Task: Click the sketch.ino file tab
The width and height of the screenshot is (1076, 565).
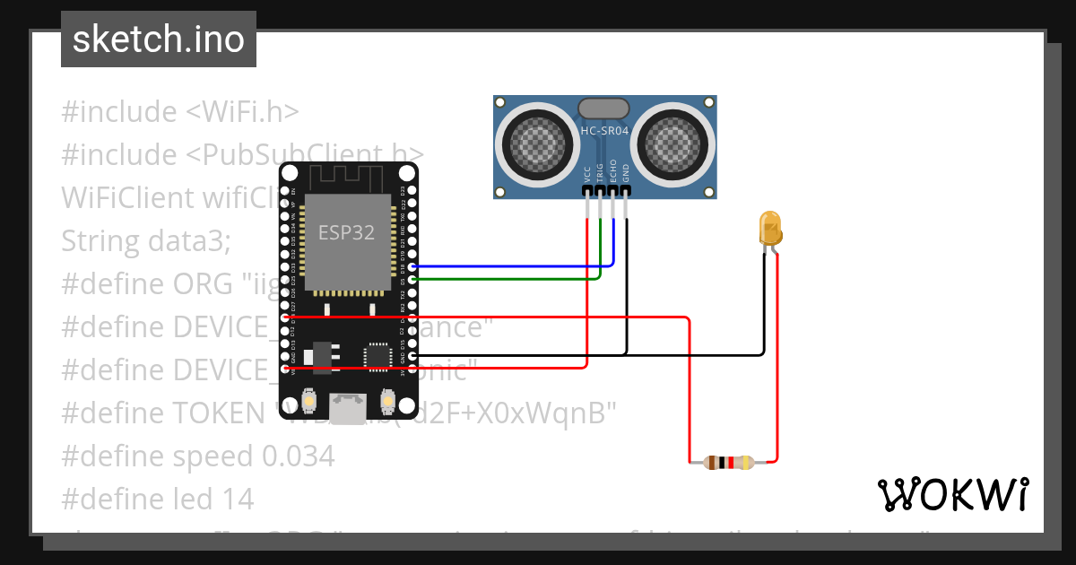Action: tap(158, 39)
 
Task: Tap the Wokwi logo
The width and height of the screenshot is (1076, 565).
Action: tap(952, 494)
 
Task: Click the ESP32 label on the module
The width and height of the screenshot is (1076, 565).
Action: tap(346, 232)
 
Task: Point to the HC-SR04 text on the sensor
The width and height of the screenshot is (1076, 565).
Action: tap(605, 131)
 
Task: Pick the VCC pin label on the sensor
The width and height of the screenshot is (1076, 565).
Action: tap(587, 172)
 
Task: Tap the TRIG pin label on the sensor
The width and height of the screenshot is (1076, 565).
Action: tap(600, 172)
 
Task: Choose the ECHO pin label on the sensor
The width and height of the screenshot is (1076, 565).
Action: tap(613, 172)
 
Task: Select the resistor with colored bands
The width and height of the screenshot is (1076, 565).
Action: tap(728, 463)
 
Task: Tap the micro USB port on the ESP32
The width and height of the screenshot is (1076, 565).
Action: tap(347, 409)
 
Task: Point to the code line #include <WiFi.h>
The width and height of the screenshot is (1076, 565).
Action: tap(179, 112)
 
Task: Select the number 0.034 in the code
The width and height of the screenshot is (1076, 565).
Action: tap(298, 456)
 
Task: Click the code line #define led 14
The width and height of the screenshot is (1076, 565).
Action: tap(158, 498)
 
